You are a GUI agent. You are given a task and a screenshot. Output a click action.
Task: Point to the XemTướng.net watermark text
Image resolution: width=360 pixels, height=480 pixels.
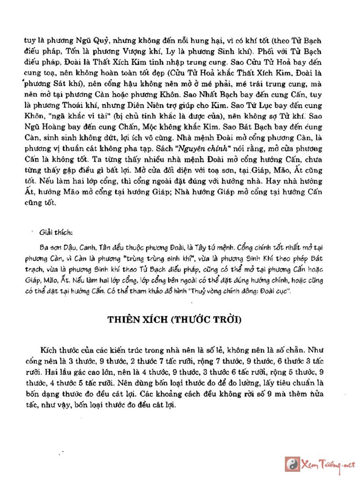[x=328, y=464]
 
